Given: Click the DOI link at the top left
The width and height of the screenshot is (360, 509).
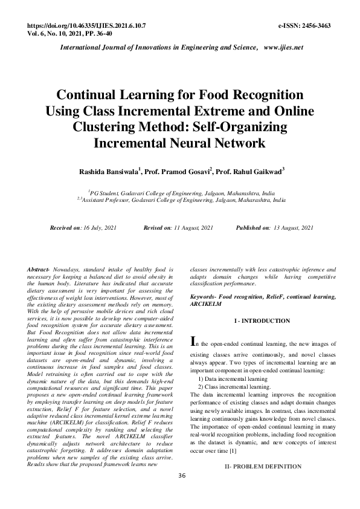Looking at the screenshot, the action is pos(87,27).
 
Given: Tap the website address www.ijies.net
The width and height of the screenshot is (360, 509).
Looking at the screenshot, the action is pos(283,47).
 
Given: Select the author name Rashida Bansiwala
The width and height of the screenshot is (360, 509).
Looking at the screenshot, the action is pos(109,172).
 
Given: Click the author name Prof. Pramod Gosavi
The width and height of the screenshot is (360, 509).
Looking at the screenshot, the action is pos(177,172).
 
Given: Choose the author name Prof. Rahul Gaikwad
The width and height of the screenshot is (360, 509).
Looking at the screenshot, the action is pos(249,172).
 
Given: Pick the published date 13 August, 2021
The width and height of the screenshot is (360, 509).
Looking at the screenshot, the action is pos(292,227).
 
